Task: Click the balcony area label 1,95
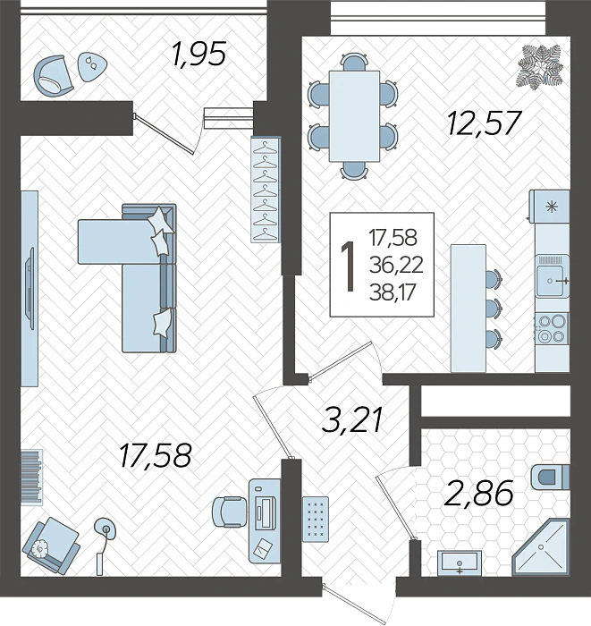click(x=198, y=55)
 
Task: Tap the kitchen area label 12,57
click(x=483, y=122)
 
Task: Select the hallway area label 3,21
click(x=353, y=419)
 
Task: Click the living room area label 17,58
click(x=155, y=455)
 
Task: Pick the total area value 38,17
click(x=393, y=291)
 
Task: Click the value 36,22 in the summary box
click(x=393, y=265)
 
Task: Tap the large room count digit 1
click(x=349, y=265)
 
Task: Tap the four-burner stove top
click(x=551, y=327)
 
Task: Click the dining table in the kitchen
click(x=353, y=114)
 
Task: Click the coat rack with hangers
click(x=266, y=190)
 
